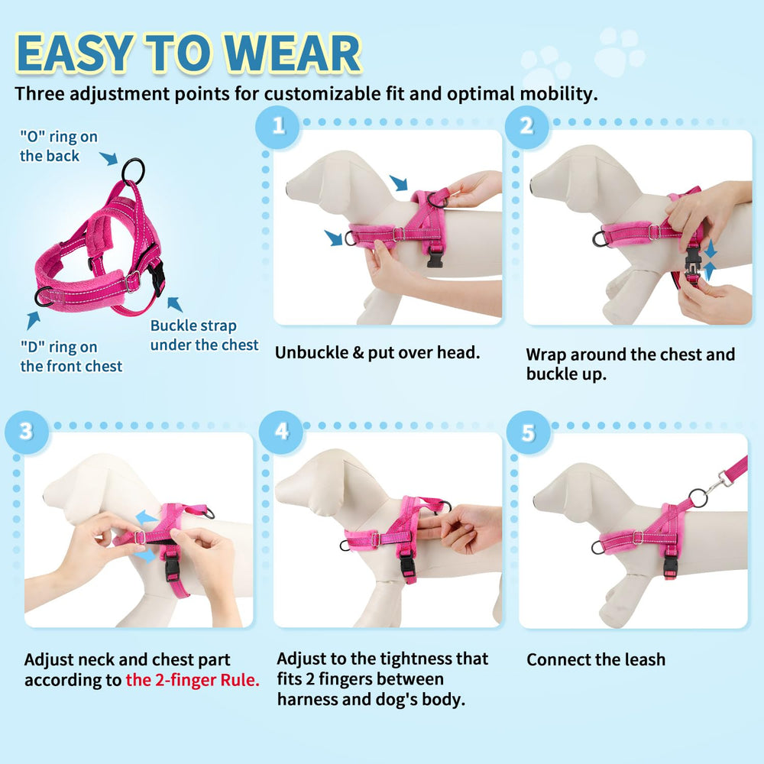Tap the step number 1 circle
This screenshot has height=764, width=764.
[x=279, y=125]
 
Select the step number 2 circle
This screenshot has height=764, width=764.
[x=526, y=125]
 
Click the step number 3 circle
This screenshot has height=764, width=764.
[x=27, y=430]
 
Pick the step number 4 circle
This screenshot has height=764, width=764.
[x=282, y=430]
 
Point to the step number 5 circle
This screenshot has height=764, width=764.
[x=528, y=432]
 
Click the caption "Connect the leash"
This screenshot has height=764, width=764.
[x=596, y=659]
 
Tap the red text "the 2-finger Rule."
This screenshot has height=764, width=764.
[x=193, y=680]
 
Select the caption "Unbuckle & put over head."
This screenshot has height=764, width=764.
[x=377, y=352]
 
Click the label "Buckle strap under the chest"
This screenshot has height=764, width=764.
[x=204, y=335]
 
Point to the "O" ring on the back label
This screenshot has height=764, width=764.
[x=59, y=146]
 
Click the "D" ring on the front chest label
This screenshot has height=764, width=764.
[x=71, y=357]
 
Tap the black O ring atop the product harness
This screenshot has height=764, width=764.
[x=133, y=170]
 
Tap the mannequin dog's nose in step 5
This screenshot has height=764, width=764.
[x=537, y=504]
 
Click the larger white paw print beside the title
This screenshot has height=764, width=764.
[x=619, y=52]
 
